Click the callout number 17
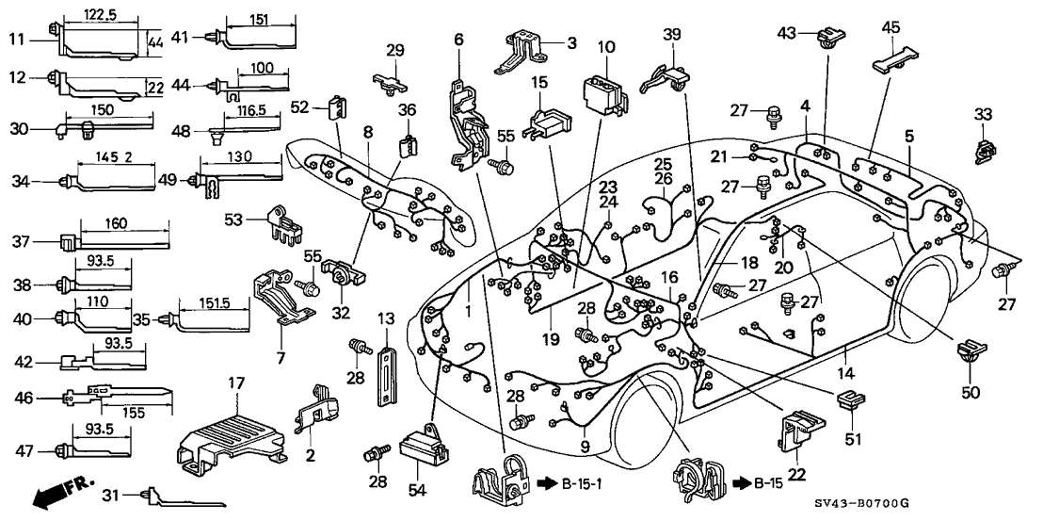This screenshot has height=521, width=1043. click(x=234, y=383)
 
